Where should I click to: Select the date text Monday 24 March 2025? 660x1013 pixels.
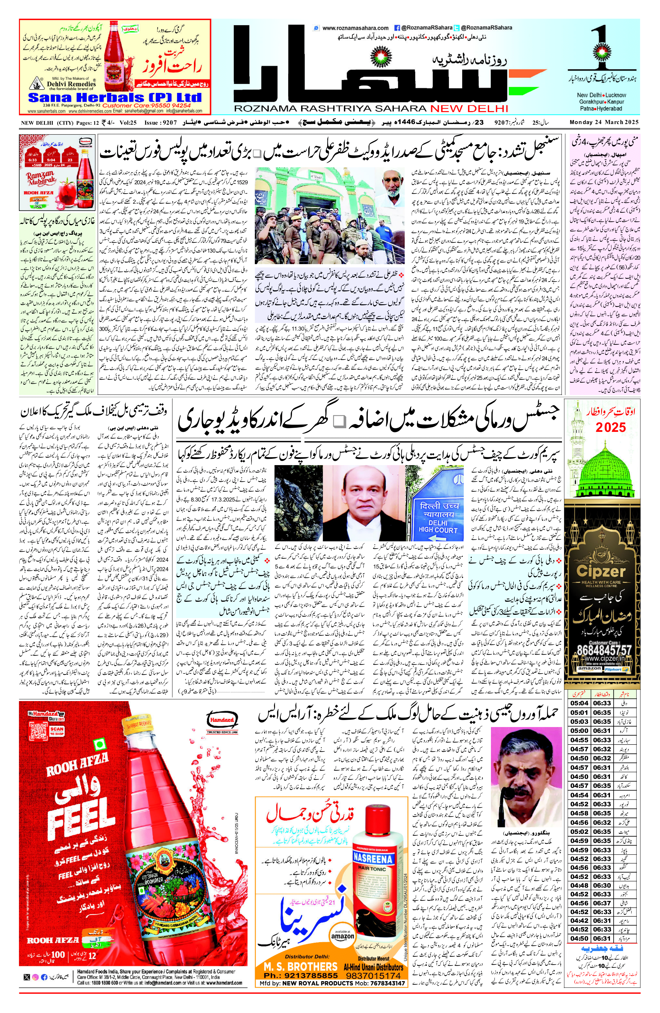pos(604,123)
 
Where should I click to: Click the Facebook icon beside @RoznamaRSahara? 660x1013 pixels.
pos(397,28)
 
